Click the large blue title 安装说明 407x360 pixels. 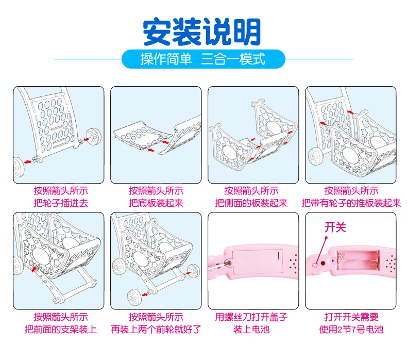[x=201, y=32]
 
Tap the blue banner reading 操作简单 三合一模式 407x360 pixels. [x=203, y=59]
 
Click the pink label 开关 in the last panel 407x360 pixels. [x=335, y=227]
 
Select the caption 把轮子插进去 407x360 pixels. [x=61, y=203]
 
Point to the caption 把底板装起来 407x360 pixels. [x=156, y=203]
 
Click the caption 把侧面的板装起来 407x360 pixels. [x=251, y=203]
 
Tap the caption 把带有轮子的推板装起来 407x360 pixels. [x=351, y=203]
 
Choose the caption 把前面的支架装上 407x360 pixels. [x=61, y=330]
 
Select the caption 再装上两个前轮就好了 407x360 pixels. [x=156, y=330]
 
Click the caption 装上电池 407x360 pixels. [x=251, y=330]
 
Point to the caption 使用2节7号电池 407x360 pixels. [x=351, y=330]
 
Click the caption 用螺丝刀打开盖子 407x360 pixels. [x=251, y=317]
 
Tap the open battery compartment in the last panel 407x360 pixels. [x=358, y=260]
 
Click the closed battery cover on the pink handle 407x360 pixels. [x=258, y=261]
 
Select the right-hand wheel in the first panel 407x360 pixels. [x=94, y=137]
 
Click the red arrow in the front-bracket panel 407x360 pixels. [x=33, y=269]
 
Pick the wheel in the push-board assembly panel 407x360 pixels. [x=315, y=156]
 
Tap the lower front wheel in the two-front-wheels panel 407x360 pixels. [x=134, y=297]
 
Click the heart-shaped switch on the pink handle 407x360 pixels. [x=315, y=265]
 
